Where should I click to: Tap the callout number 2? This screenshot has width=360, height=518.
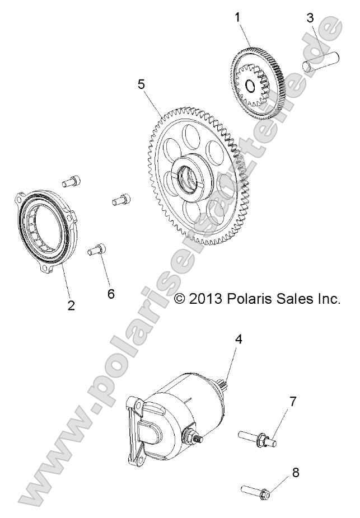tap(72, 305)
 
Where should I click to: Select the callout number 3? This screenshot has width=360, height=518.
tap(311, 17)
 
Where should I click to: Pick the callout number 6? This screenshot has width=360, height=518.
tap(111, 294)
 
